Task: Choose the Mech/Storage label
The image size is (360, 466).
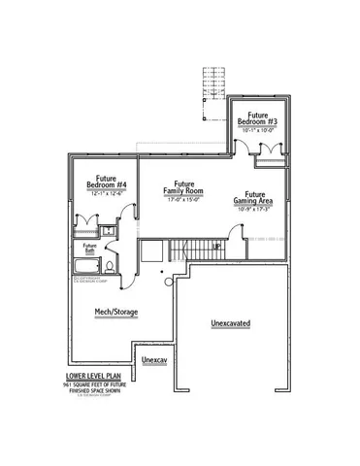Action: click(113, 313)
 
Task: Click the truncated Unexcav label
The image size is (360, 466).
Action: click(155, 360)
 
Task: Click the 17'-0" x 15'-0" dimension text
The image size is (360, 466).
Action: click(181, 202)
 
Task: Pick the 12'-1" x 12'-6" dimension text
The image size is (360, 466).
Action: click(102, 193)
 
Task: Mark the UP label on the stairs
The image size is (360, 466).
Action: click(217, 247)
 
